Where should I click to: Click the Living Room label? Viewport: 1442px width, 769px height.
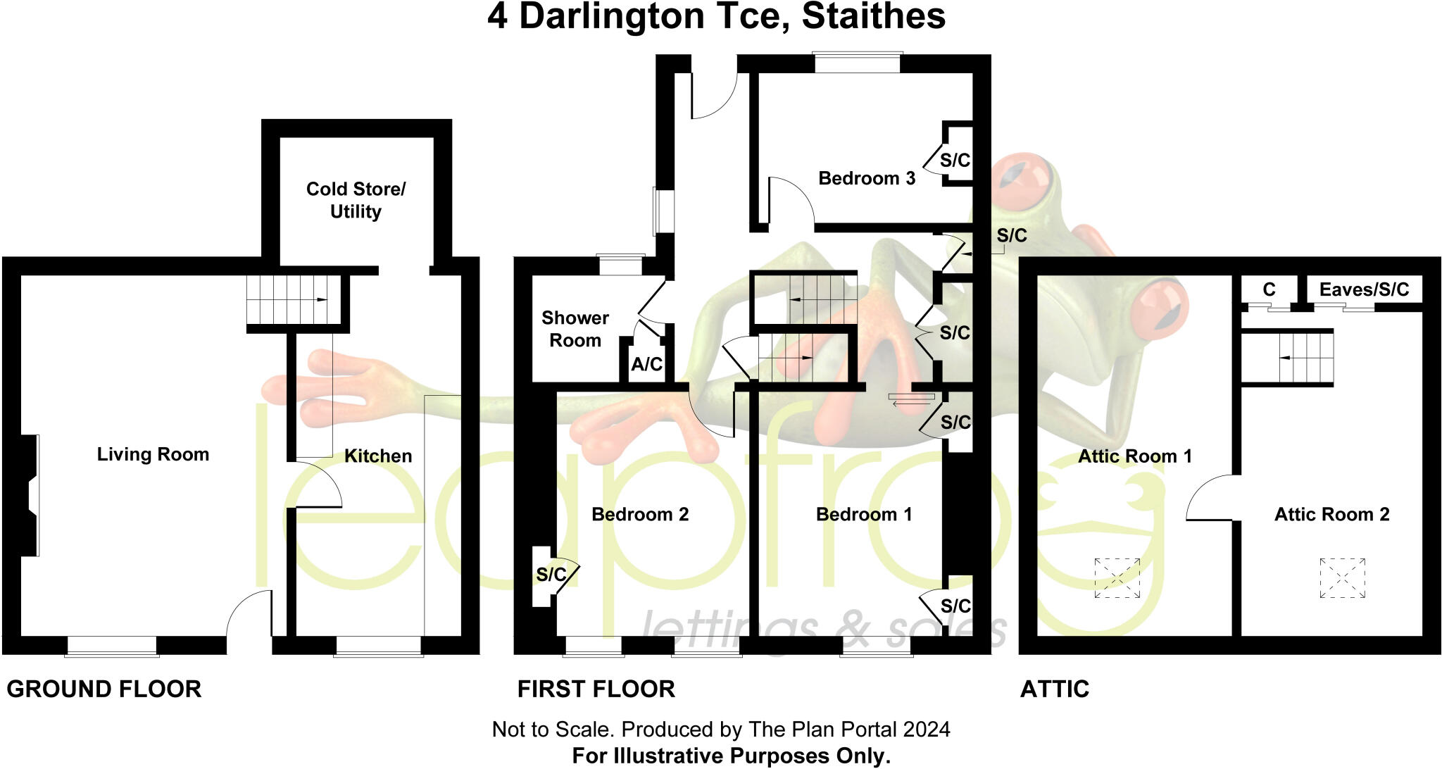coord(153,454)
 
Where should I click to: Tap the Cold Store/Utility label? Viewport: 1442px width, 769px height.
coord(356,200)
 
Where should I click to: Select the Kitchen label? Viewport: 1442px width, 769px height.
coord(378,456)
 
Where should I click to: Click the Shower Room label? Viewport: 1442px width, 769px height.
coord(575,329)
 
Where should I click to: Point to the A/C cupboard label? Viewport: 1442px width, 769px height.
coord(646,364)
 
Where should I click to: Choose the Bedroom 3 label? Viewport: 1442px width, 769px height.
coord(866,178)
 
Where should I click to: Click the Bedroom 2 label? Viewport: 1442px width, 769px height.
coord(639,514)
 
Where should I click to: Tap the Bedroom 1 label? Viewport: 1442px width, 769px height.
coord(863,514)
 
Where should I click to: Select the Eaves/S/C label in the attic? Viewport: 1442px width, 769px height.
coord(1364,289)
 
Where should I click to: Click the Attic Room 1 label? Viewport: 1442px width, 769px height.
coord(1134,456)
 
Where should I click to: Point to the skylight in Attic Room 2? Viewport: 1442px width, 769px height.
coord(1342,578)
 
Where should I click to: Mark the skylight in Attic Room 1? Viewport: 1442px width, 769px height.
coord(1117,578)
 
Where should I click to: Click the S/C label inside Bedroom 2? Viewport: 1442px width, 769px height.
coord(551,575)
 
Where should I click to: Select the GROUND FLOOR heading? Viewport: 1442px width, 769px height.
coord(104,689)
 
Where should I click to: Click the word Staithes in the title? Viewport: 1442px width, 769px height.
coord(873,17)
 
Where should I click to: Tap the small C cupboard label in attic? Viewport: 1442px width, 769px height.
coord(1269,289)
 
